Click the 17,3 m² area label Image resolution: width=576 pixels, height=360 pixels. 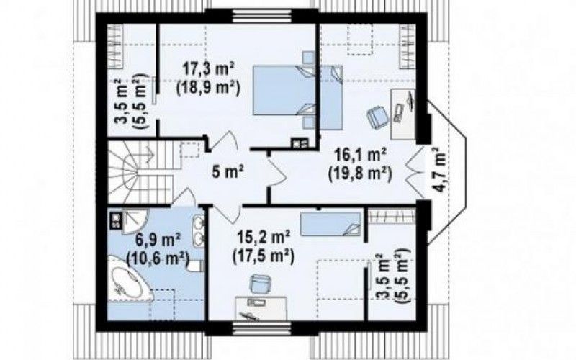[x=209, y=69]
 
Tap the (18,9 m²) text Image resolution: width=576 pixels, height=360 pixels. [x=208, y=88]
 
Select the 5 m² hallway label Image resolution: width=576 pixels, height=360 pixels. [x=228, y=171]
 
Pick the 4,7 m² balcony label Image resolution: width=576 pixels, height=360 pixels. [x=439, y=169]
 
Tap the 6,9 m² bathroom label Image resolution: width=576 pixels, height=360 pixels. [x=158, y=240]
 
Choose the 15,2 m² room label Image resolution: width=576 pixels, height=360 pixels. [x=264, y=238]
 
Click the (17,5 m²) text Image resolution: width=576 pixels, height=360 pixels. [x=264, y=256]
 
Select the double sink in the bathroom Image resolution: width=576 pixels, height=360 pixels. [x=199, y=229]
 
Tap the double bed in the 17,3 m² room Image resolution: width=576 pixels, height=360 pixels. [x=284, y=91]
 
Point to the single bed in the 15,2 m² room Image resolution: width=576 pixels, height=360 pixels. [x=330, y=224]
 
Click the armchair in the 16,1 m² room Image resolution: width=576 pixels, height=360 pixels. [x=377, y=117]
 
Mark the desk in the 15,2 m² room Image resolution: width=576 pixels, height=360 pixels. [x=261, y=308]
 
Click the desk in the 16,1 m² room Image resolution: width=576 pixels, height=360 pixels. [x=403, y=114]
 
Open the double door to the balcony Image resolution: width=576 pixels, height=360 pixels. [x=415, y=171]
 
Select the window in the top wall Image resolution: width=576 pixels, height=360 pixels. [x=262, y=16]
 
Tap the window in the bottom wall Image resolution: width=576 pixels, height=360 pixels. [x=262, y=328]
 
